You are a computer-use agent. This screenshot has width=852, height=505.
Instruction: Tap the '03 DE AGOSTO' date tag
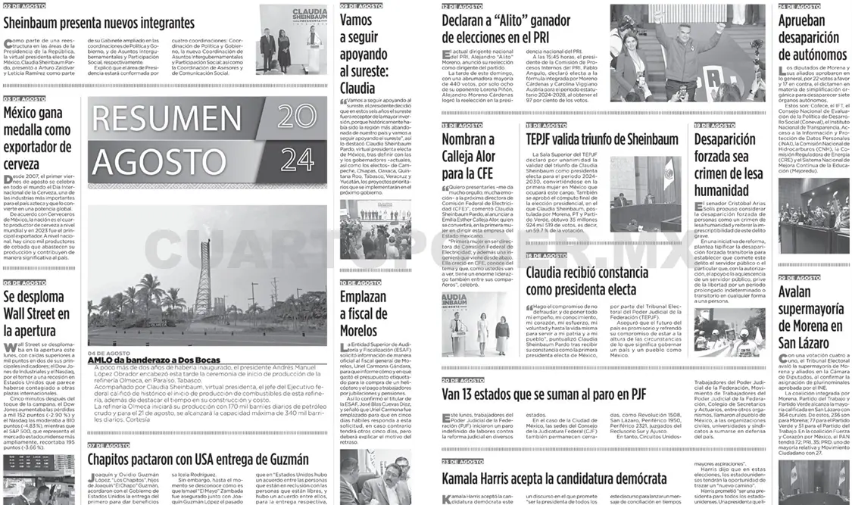click(x=24, y=98)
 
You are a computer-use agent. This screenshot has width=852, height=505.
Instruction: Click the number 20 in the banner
click(x=297, y=116)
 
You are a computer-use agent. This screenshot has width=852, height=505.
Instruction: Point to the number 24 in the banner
click(x=297, y=159)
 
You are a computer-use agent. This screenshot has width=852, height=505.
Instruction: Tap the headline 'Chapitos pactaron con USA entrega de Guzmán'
click(x=198, y=460)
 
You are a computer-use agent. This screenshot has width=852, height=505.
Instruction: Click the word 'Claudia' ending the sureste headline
click(x=357, y=88)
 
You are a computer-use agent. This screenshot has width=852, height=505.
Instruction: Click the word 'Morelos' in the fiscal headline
click(x=358, y=330)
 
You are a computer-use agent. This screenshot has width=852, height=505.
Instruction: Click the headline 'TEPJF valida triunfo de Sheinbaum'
click(x=601, y=139)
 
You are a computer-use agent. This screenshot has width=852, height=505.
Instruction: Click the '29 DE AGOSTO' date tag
click(x=799, y=278)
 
